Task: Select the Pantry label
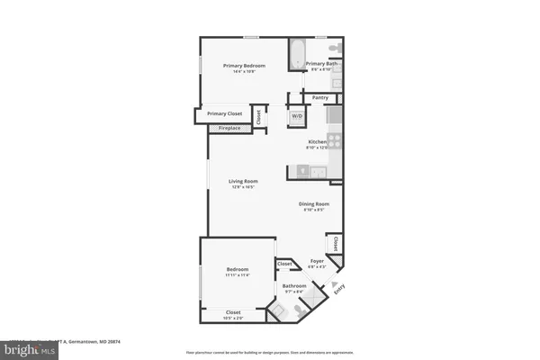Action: [319, 97]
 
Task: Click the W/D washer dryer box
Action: [295, 117]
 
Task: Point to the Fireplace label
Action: [229, 128]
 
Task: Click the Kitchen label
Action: [317, 142]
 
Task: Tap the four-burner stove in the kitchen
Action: [334, 140]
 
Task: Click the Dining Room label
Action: [314, 204]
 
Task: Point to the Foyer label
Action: [316, 261]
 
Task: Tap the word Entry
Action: [339, 289]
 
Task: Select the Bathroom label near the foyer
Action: [295, 285]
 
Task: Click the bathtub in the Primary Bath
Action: [297, 54]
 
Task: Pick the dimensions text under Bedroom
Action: [237, 274]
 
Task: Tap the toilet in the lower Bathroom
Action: [278, 310]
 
